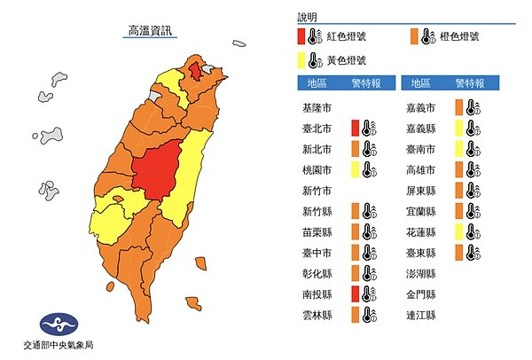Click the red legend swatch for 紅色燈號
(302, 36)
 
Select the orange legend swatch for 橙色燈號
(415, 36)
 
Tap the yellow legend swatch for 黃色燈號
(302, 59)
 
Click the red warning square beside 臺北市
(356, 129)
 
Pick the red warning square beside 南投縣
(356, 293)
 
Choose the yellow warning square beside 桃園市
(356, 169)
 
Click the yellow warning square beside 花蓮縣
(459, 231)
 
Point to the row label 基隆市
(317, 108)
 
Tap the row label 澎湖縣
(419, 273)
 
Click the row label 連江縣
(419, 314)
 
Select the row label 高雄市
(419, 169)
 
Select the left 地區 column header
(317, 83)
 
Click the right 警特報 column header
(468, 83)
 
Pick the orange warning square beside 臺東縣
(459, 253)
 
